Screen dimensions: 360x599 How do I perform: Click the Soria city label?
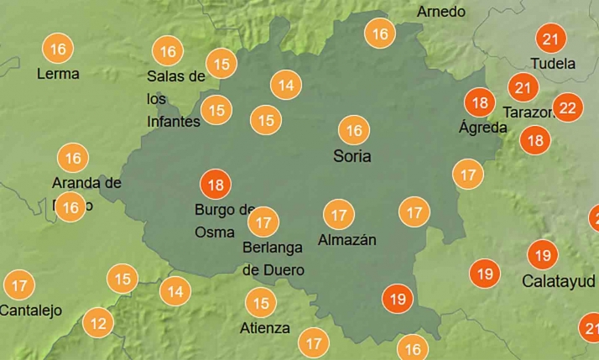pos(352,156)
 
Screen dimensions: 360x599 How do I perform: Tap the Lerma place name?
pos(58,74)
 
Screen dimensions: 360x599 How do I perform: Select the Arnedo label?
pos(440,12)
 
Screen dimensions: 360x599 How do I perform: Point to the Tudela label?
pos(553,64)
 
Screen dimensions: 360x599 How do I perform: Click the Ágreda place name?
pos(483,128)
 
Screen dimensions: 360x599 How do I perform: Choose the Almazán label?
pos(346,240)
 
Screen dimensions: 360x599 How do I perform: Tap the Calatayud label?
pos(558,280)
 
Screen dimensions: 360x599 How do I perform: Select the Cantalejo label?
pos(31,310)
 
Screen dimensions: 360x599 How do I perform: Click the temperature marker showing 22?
pos(568,107)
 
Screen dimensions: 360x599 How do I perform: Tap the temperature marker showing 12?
pos(98,322)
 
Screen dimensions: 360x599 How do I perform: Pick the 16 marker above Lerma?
pos(58,49)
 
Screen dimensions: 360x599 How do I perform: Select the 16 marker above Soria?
pos(354,130)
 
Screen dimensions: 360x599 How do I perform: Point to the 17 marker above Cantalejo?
pos(19,284)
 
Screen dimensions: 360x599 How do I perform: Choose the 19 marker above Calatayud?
pos(542,254)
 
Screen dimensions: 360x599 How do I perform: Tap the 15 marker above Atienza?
pos(260,302)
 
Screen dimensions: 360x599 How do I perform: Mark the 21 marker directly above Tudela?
pos(550,39)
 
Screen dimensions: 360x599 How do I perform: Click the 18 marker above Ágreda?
pos(481,102)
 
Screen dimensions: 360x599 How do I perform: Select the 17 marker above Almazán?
pos(338,214)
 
